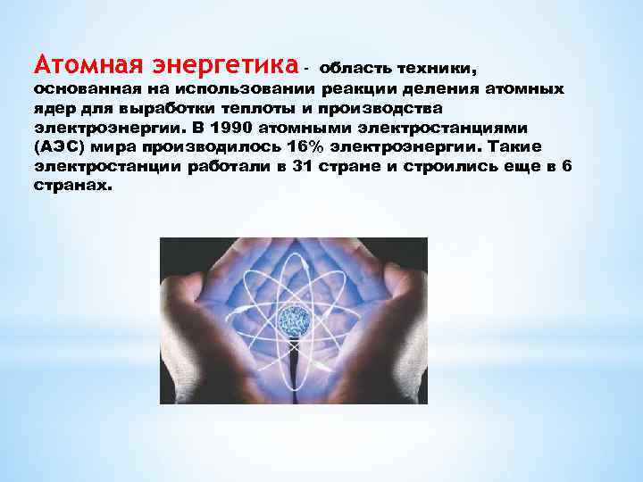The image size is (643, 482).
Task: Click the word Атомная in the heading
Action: [77, 64]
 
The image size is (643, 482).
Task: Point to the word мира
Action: [113, 146]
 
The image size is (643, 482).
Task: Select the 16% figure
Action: [274, 146]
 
